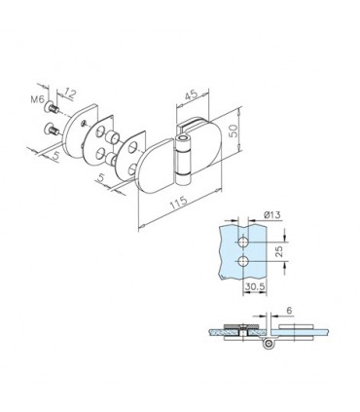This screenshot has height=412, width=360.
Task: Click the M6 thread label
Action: pyautogui.click(x=37, y=99)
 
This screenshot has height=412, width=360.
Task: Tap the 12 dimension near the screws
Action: pyautogui.click(x=69, y=94)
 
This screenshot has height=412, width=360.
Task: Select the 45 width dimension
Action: pyautogui.click(x=191, y=95)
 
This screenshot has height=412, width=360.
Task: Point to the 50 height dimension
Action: pyautogui.click(x=234, y=131)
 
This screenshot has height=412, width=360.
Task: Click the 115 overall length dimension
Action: pyautogui.click(x=178, y=203)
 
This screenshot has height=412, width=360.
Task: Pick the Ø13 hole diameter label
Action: pyautogui.click(x=271, y=214)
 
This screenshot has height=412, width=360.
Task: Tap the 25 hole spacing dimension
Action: pyautogui.click(x=279, y=251)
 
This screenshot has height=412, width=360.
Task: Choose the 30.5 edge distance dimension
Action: pyautogui.click(x=255, y=286)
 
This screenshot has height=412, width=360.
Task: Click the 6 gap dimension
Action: pyautogui.click(x=289, y=311)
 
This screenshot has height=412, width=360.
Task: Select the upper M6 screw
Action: pyautogui.click(x=53, y=107)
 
